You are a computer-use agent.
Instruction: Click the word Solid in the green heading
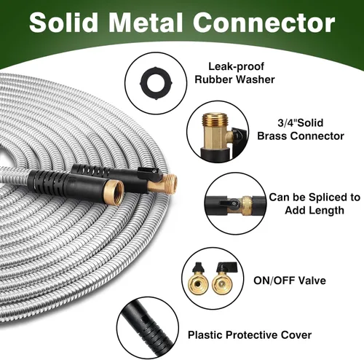tap(63, 23)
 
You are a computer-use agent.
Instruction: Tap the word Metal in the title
tap(145, 23)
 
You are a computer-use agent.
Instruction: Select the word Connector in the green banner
tap(264, 23)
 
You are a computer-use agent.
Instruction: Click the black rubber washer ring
tap(156, 83)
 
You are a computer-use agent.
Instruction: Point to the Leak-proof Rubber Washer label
tap(234, 73)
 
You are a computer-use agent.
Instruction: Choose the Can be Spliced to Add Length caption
tap(314, 203)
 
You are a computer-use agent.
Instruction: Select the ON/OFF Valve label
tap(290, 281)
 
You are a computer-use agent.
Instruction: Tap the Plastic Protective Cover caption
tap(250, 335)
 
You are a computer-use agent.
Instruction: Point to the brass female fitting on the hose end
tap(114, 192)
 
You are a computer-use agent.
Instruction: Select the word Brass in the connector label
tap(272, 136)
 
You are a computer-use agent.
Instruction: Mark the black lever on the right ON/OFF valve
tap(226, 267)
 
